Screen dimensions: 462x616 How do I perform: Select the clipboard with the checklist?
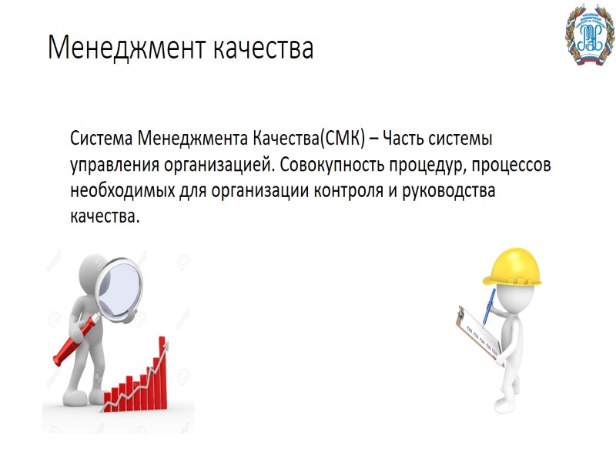point(477,333)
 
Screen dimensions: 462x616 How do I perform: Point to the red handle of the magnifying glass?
point(75,338)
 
